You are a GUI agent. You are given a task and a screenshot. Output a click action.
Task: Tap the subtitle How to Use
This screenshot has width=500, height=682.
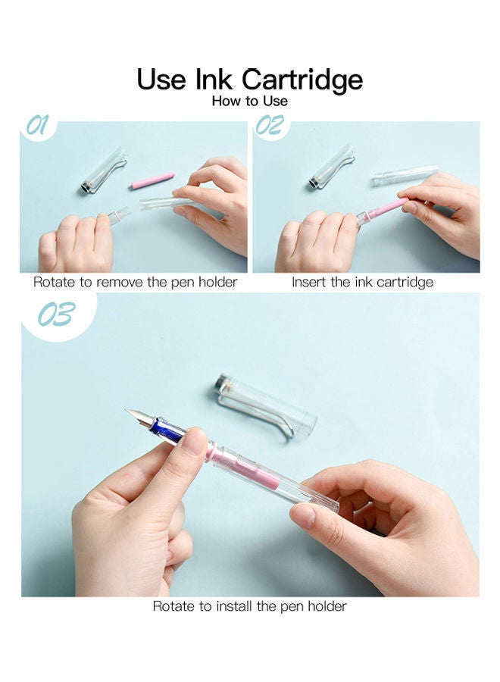(x=249, y=101)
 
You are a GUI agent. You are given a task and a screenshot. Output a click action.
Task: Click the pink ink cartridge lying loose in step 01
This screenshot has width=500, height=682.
(x=152, y=180)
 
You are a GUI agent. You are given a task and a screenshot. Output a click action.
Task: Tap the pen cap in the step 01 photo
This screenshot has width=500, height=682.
(x=103, y=171)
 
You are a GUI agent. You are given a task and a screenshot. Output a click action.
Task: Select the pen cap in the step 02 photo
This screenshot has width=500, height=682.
(x=332, y=167)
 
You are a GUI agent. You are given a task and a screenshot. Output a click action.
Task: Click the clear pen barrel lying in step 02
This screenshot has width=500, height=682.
(x=405, y=175)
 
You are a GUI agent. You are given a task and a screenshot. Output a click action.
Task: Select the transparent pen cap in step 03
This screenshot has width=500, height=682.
(x=265, y=405)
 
